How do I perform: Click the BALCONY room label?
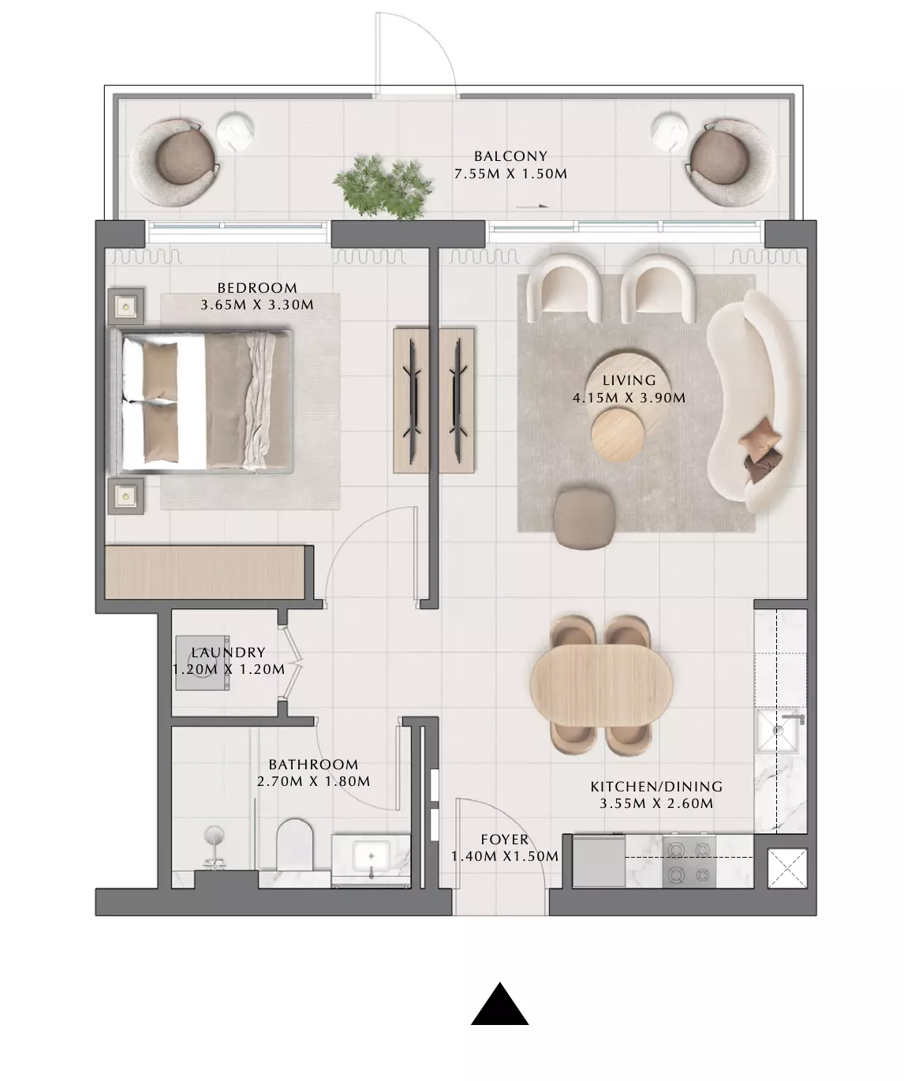[x=510, y=155]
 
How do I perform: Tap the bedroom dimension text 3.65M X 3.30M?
[x=257, y=305]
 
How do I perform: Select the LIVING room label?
[x=629, y=380]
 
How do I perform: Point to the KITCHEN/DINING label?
[x=656, y=787]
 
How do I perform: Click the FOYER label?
[x=504, y=840]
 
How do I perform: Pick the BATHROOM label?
[x=313, y=764]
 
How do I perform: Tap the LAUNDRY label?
[x=228, y=652]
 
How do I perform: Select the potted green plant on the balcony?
[x=383, y=187]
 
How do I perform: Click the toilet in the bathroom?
[x=294, y=845]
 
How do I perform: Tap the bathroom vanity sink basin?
[x=371, y=857]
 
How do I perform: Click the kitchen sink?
[x=779, y=731]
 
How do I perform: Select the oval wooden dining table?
[x=601, y=684]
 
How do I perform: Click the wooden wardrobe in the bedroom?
[x=204, y=573]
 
